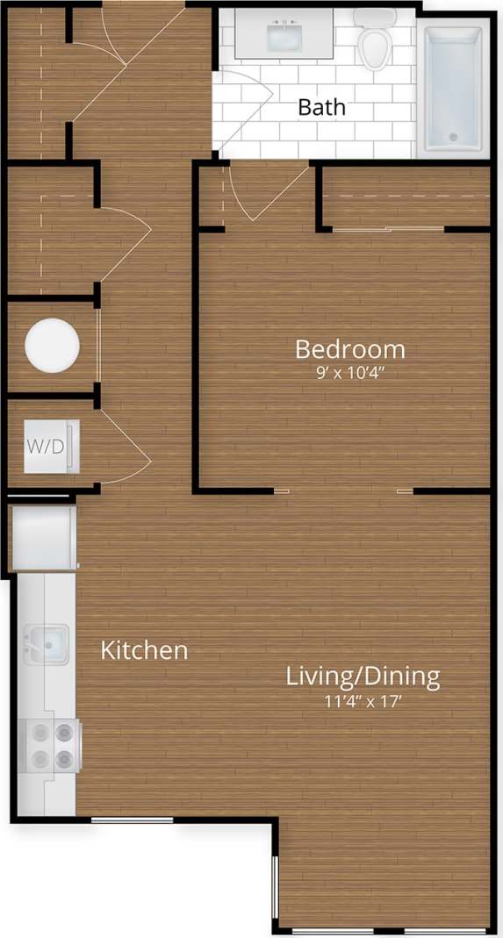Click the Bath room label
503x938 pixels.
tap(321, 108)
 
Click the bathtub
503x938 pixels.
tap(452, 89)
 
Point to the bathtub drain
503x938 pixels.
tap(453, 136)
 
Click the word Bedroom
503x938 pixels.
tap(349, 349)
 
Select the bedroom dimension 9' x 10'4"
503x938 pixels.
tap(350, 372)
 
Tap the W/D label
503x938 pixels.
tap(46, 446)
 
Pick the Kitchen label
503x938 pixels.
tap(144, 650)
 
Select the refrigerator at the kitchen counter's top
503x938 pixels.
tap(44, 535)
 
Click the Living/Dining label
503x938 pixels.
tap(363, 677)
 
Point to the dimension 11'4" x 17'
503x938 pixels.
tap(363, 700)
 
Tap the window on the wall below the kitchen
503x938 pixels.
tap(132, 820)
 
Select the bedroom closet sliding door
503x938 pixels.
tap(388, 229)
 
